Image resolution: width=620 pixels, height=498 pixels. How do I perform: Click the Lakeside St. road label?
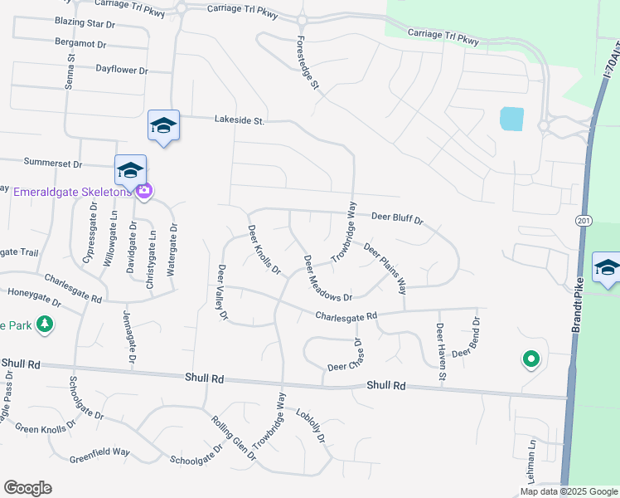239,121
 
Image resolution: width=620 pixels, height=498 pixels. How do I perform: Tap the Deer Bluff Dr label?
397,217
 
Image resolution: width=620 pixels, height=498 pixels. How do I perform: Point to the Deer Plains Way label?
385,269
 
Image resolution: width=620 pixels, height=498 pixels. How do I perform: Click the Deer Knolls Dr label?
264,249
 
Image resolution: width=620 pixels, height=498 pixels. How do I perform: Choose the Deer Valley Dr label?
222,292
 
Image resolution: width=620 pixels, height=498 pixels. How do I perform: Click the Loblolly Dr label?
311,427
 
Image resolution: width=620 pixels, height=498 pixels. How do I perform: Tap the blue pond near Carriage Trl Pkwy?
511,119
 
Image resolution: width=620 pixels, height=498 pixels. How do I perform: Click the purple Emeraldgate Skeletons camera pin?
145,192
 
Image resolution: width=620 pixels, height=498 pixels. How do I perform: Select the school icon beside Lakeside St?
163,125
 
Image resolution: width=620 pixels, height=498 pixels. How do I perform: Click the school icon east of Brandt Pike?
607,268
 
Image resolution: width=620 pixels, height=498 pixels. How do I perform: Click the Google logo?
27,488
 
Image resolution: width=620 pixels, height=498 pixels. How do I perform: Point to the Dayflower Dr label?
122,71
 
